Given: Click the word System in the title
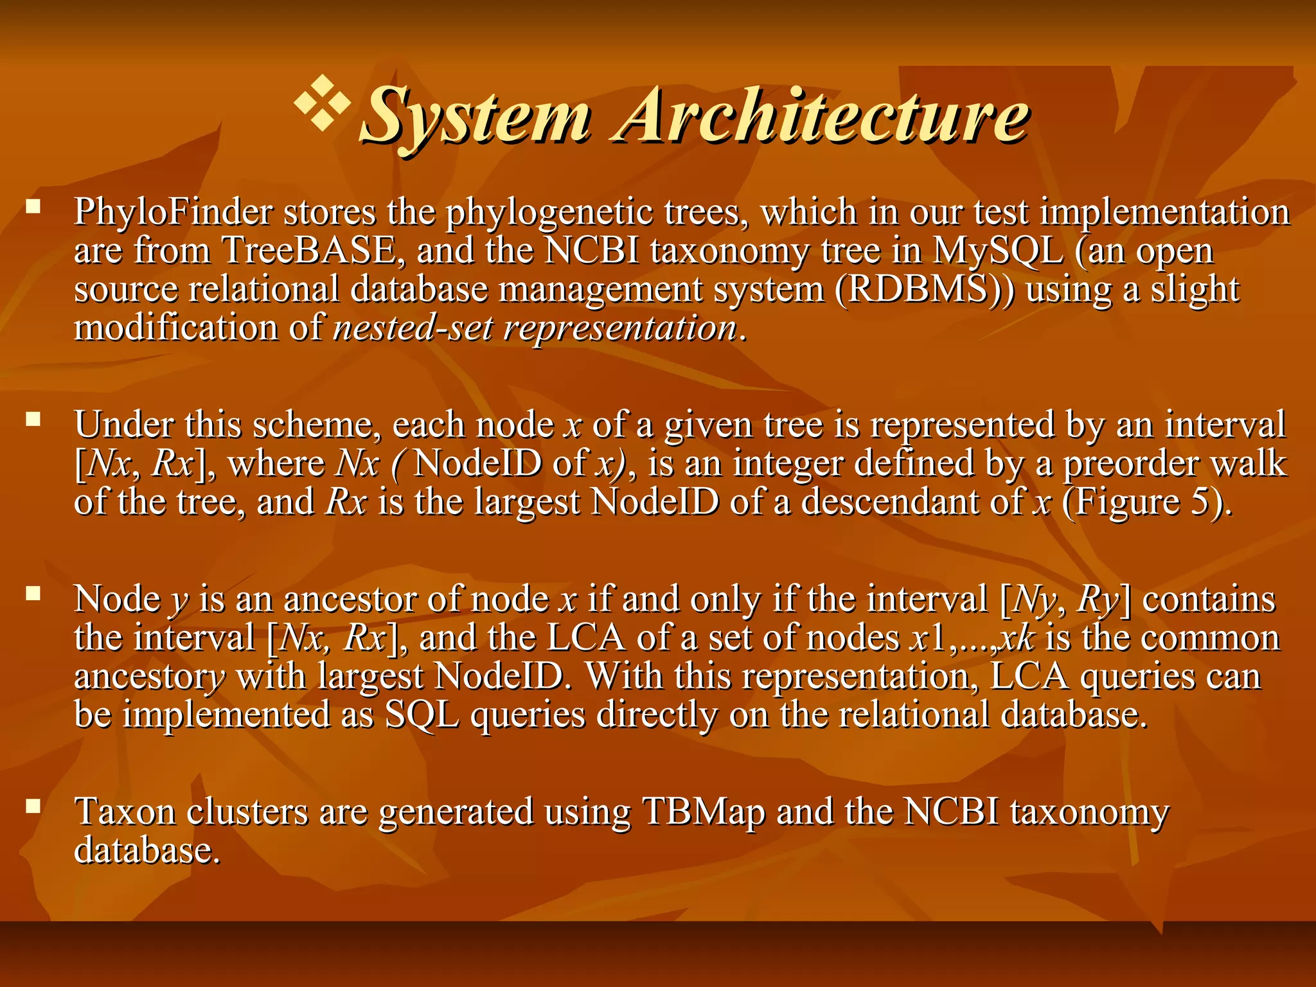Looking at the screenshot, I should click(475, 116).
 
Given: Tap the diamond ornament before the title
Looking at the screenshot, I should click(323, 103).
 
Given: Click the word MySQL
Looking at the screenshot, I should click(998, 251).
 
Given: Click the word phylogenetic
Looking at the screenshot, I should click(549, 212).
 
